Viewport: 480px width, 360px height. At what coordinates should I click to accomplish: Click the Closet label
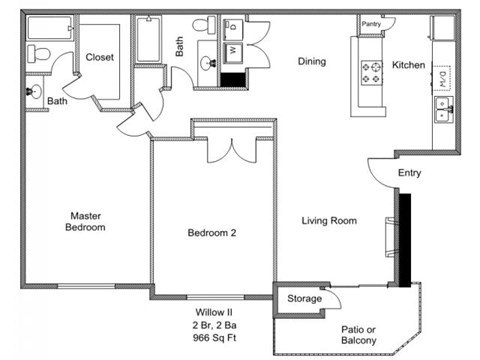point(99,57)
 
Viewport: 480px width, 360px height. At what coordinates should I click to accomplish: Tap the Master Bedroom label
point(87,221)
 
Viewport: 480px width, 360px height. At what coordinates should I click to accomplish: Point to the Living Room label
point(329,221)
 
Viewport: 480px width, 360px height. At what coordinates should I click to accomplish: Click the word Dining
point(312,62)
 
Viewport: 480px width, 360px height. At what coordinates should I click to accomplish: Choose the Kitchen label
point(408,65)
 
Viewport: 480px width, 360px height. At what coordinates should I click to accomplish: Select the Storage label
point(304,298)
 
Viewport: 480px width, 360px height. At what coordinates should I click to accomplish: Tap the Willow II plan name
point(211,312)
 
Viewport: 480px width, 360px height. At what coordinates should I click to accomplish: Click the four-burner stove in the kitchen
point(372,70)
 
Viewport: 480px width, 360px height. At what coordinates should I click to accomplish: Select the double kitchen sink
point(440,108)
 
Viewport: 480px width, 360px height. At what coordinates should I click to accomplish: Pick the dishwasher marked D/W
point(440,72)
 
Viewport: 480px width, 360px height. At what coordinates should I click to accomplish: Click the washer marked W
point(231,46)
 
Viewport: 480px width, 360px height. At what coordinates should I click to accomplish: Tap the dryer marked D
point(231,25)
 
